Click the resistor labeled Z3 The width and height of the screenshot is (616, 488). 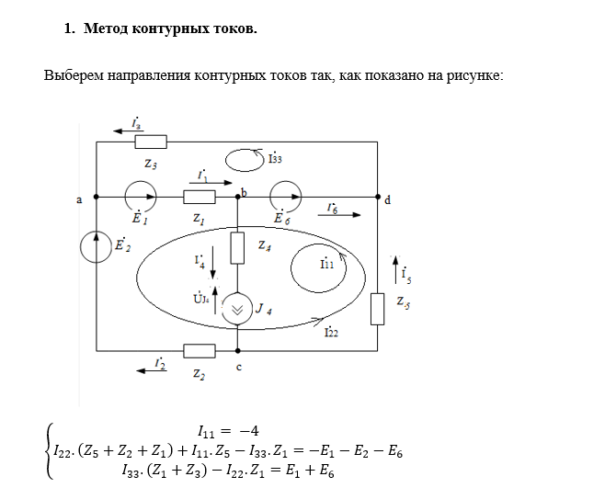click(x=151, y=142)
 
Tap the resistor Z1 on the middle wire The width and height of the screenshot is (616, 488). click(x=200, y=197)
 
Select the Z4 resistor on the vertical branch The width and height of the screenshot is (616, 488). click(x=237, y=248)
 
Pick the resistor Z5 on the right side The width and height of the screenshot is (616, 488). click(x=378, y=309)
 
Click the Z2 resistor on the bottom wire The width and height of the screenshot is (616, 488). click(x=200, y=351)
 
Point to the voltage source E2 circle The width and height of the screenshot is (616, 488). click(x=96, y=247)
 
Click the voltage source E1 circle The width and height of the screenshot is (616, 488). click(x=141, y=197)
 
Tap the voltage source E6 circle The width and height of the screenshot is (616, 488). click(x=286, y=197)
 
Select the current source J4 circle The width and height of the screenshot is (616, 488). click(x=237, y=309)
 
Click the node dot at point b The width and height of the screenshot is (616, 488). click(x=238, y=197)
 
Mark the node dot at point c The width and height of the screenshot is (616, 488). click(x=238, y=350)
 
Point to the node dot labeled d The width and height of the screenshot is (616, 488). click(x=378, y=197)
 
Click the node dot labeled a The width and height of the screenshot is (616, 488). click(x=97, y=197)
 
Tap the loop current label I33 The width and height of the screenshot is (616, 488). click(x=275, y=158)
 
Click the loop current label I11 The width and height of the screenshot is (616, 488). click(x=327, y=264)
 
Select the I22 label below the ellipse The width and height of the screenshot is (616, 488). click(x=331, y=332)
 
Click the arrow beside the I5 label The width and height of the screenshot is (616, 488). click(x=395, y=269)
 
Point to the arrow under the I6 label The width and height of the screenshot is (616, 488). click(x=339, y=215)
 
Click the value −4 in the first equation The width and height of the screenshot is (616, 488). click(x=249, y=431)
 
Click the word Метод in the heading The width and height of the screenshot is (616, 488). click(x=106, y=28)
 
